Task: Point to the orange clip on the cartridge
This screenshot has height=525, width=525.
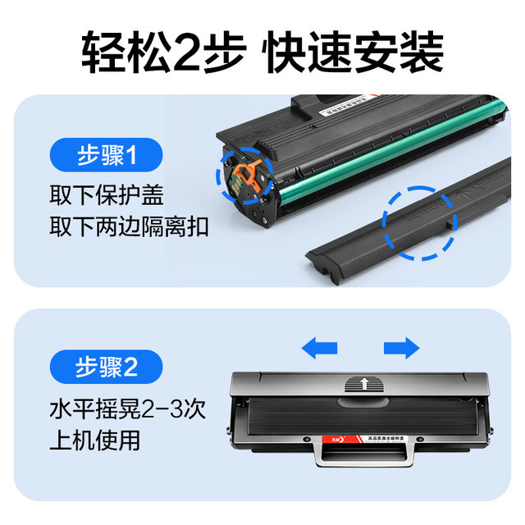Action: (x=244, y=175)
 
